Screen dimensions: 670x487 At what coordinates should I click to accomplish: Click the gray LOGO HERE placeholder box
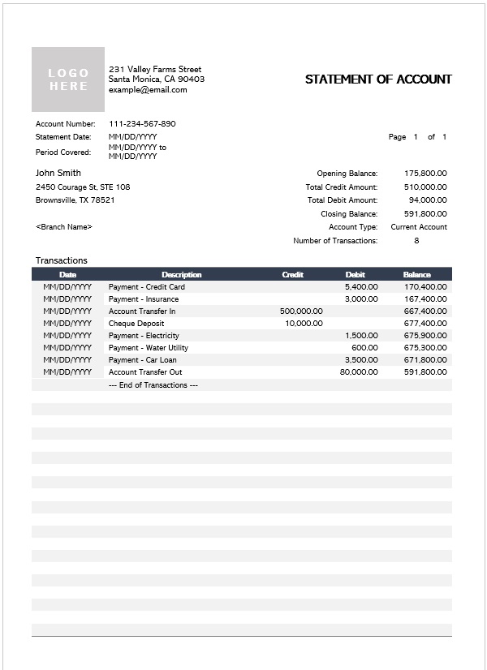68,79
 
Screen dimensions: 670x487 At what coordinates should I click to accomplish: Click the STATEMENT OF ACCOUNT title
378,79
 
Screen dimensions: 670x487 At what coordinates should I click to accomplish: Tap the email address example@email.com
148,90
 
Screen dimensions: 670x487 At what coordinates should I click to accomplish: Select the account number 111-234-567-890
142,124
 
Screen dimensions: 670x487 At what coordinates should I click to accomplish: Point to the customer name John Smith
58,173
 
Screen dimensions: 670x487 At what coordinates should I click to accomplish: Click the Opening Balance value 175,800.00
425,174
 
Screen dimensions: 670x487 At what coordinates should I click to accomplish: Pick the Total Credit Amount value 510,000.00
425,187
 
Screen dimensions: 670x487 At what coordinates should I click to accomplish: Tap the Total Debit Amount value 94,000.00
427,200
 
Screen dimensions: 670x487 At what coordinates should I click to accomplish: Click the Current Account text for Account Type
419,227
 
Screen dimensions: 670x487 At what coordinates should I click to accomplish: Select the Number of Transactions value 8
416,241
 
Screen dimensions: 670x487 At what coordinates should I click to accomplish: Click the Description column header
181,275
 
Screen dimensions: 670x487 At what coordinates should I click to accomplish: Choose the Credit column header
292,275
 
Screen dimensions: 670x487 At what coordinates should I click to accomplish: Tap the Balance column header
417,275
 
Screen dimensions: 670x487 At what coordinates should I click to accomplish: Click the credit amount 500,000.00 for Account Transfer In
301,311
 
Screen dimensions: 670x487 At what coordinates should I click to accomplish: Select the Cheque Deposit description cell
136,324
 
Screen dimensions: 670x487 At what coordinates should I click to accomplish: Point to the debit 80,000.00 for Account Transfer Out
359,372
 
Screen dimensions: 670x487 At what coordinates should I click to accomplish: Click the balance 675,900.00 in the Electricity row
425,336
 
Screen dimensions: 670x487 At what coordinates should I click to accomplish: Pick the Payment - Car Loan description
143,360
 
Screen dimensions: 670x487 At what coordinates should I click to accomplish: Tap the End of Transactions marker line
153,385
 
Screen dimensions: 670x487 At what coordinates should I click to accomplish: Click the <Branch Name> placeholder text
64,227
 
